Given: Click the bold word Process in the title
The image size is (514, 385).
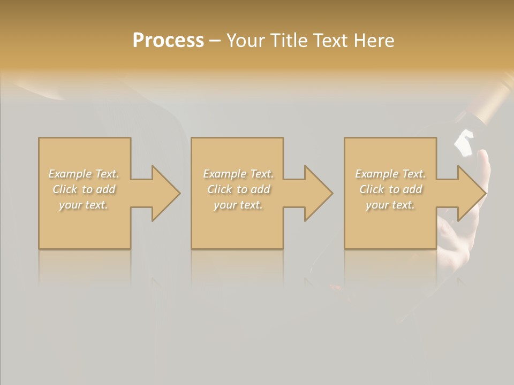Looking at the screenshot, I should click(x=168, y=41).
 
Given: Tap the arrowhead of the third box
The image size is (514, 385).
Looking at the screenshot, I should click(x=471, y=193).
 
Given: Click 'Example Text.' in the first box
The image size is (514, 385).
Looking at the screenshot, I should click(x=84, y=174).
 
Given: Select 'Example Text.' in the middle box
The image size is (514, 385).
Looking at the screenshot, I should click(x=238, y=174).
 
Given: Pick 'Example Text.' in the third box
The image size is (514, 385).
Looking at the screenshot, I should click(x=390, y=174).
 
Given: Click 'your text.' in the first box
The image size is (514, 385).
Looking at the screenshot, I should click(x=84, y=205).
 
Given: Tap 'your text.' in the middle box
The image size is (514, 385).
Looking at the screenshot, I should click(x=238, y=205).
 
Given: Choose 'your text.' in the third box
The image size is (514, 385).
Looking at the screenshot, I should click(x=390, y=205).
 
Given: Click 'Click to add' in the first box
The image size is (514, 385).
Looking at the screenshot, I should click(x=84, y=189).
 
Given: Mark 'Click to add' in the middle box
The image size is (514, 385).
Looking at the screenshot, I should click(x=238, y=189).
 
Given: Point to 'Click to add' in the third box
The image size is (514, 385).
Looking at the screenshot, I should click(x=390, y=189).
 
